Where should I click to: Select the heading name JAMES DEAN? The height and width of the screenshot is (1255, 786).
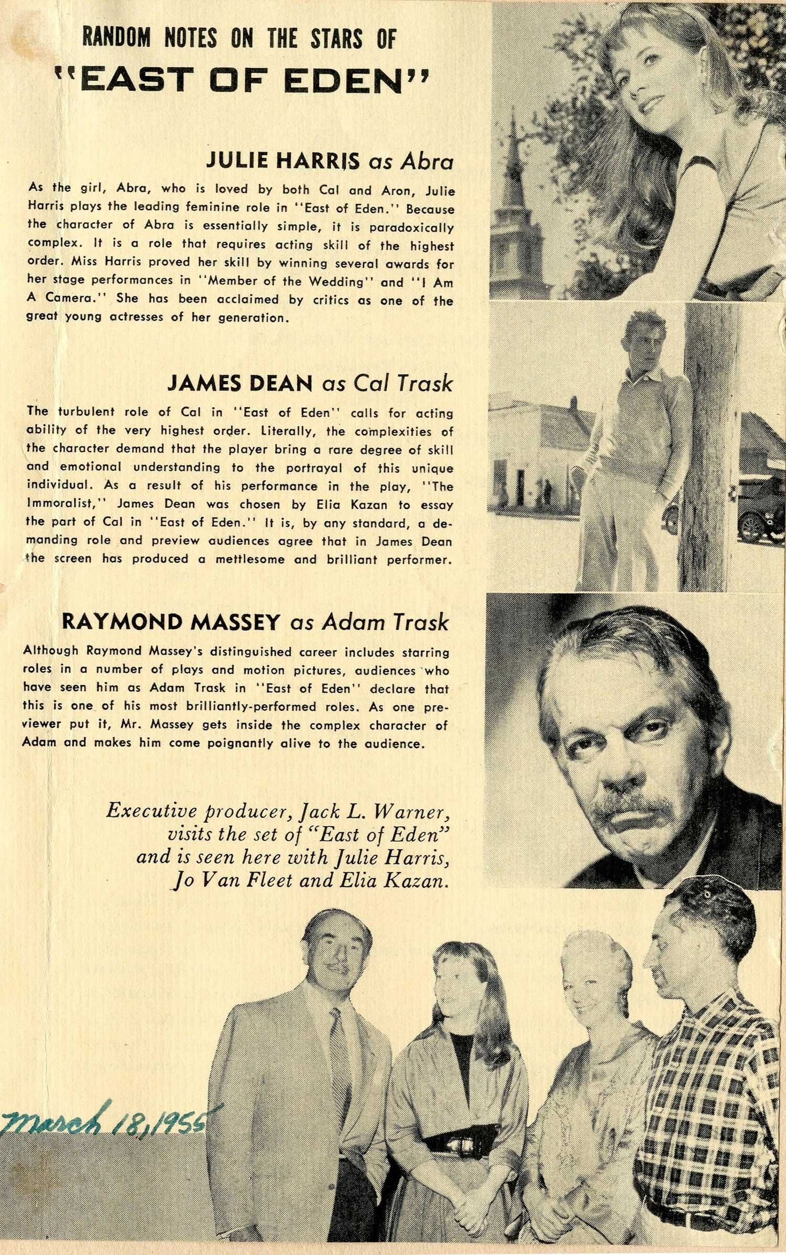click(x=239, y=383)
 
